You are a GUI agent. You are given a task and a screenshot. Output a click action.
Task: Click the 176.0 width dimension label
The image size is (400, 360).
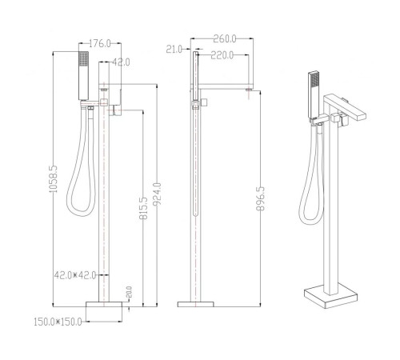tap(99, 43)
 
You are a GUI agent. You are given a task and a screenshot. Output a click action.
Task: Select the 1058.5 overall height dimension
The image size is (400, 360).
tap(54, 179)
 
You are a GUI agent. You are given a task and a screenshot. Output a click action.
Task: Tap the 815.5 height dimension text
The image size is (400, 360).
tap(143, 208)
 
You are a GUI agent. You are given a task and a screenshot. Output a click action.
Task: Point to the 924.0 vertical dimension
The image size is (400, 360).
tap(157, 194)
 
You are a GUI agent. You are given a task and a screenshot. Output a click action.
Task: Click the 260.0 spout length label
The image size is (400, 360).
tap(225, 39)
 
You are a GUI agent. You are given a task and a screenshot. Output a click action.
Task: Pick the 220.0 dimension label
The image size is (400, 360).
tap(222, 55)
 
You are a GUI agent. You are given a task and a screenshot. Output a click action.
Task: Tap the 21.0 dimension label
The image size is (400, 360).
tap(174, 49)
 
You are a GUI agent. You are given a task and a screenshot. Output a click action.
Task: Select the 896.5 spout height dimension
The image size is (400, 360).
tap(260, 198)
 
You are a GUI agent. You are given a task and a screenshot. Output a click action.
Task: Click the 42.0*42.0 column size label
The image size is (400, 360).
tap(75, 275)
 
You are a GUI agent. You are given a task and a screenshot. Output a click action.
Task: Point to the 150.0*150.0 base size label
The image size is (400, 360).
tap(58, 322)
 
